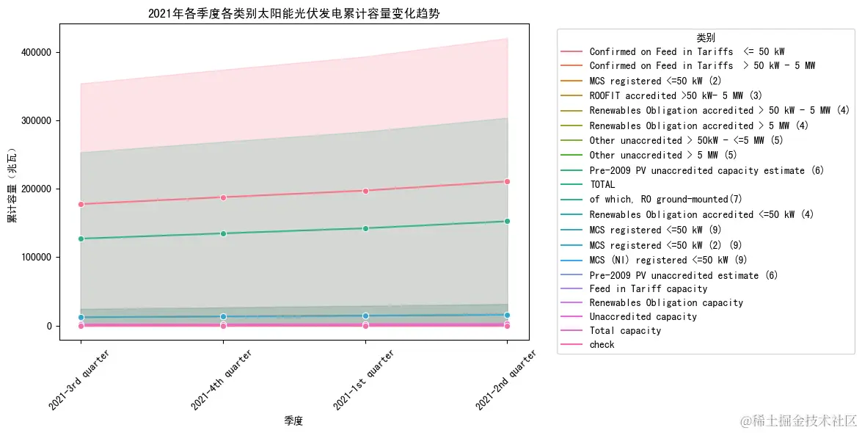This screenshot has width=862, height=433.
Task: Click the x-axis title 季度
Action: point(293,421)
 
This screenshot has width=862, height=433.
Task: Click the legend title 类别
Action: point(706,37)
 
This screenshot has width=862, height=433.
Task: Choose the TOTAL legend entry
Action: point(602,185)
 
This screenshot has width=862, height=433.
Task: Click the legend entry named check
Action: point(602,344)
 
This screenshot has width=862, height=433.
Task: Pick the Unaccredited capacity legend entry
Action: point(643,316)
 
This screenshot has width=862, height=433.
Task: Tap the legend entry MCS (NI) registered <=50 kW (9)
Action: point(668,260)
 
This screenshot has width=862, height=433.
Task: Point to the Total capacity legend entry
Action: point(625,330)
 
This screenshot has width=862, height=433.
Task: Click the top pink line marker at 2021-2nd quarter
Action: point(507,181)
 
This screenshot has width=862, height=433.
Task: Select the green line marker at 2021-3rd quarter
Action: point(81,239)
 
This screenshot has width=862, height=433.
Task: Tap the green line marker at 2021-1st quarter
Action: point(365,228)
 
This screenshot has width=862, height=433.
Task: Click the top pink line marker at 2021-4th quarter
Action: point(223,197)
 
